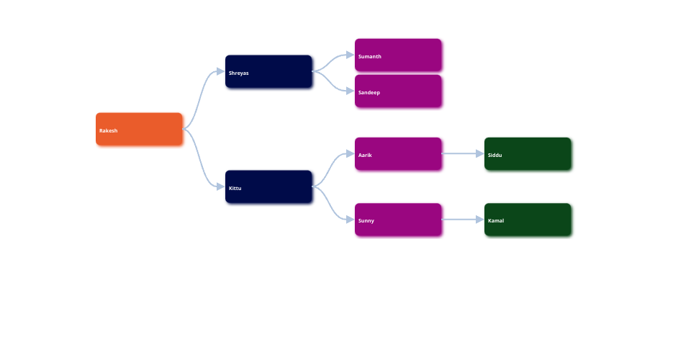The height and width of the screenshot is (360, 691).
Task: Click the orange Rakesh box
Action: pos(139,129)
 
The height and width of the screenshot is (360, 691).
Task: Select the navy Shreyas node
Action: pos(268,71)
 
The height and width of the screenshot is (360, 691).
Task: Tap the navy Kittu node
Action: pos(268,186)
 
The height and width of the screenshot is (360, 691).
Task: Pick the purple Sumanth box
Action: pos(398,55)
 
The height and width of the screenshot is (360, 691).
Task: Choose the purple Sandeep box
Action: pos(398,91)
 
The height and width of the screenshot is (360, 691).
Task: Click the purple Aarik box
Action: pos(398,153)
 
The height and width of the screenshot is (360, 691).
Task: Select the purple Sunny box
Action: pos(398,220)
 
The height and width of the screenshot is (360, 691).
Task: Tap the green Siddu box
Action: pos(528,153)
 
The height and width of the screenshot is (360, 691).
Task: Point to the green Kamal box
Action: pos(528,220)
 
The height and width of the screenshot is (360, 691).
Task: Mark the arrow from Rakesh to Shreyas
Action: pos(202,94)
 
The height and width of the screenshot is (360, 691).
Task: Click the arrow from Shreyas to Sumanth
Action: pos(333,62)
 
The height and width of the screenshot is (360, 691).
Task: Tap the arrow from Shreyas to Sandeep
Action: pos(333,82)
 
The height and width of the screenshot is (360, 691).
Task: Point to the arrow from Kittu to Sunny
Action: pos(333,205)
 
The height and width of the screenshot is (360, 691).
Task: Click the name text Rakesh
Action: pos(109,130)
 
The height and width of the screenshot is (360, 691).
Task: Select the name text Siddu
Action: pos(495,155)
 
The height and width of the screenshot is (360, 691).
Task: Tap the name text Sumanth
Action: pos(370,56)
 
